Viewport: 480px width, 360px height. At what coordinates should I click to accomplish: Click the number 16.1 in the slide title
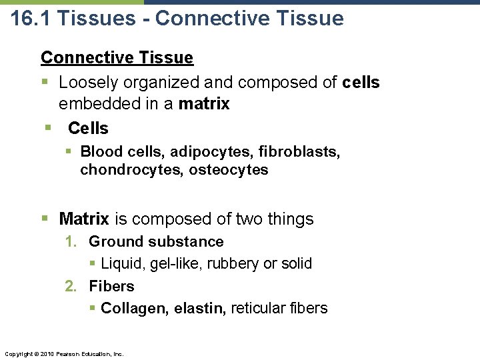click(31, 18)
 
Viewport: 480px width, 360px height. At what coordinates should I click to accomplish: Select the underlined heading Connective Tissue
click(117, 58)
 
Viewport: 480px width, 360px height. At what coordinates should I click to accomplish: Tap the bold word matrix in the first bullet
click(204, 104)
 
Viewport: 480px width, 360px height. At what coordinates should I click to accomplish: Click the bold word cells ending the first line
click(361, 83)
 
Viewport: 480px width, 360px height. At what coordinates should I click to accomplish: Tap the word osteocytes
click(229, 170)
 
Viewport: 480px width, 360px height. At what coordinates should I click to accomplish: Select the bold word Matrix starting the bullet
click(83, 219)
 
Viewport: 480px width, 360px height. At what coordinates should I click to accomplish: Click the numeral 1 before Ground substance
click(70, 242)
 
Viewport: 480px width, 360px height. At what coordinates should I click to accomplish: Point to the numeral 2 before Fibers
click(70, 287)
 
